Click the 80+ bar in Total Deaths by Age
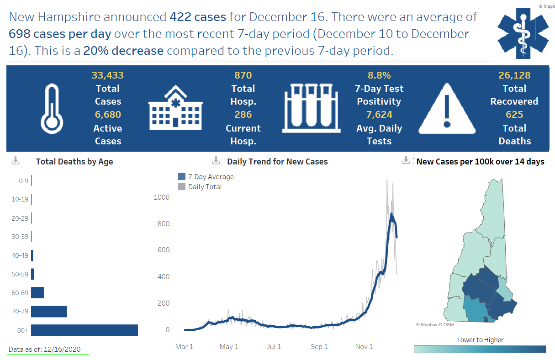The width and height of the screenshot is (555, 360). point(85,330)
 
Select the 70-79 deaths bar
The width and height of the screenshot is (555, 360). point(49,312)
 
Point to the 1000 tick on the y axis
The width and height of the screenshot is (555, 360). point(161,197)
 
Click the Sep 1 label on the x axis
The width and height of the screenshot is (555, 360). point(319,347)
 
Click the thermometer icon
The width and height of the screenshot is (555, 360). point(52,108)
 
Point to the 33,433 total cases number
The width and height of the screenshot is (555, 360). point(108,75)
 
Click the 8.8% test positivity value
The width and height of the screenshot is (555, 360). point(379,75)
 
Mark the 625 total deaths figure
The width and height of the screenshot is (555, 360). point(514,115)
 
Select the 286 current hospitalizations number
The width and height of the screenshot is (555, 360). point(243,115)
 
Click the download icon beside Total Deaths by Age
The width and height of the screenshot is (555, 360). point(16,160)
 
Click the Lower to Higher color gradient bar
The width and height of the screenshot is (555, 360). point(480,349)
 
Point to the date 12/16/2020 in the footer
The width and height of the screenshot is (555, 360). point(62,349)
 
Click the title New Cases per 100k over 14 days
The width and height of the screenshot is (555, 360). point(480,162)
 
